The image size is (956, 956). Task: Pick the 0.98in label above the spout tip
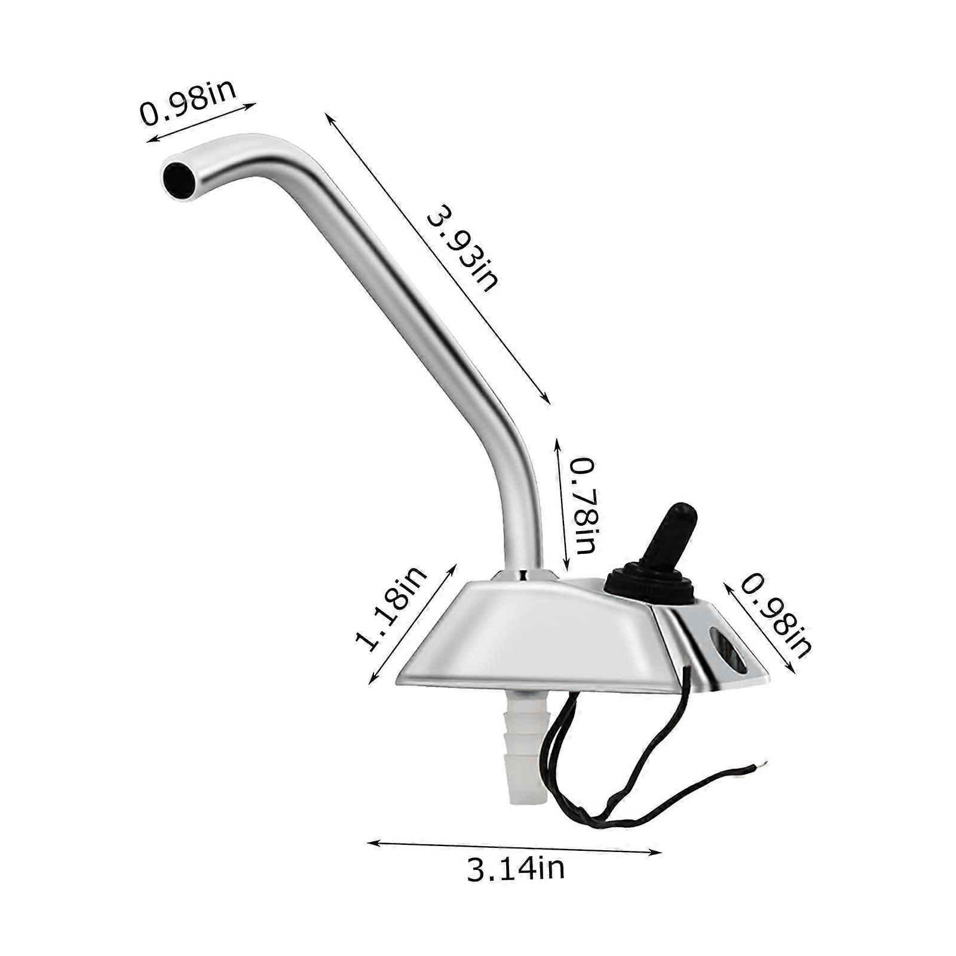click(189, 103)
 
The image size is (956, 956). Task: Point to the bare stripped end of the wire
click(761, 765)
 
